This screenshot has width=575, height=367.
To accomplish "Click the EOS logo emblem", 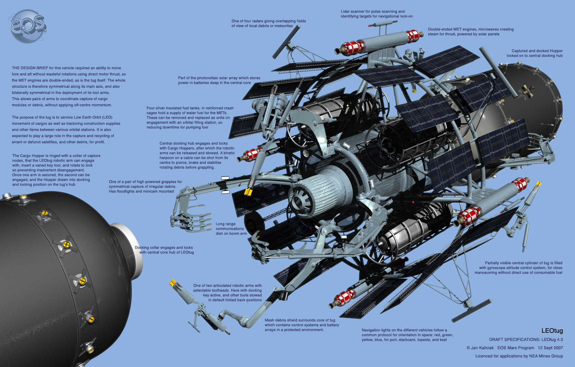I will click(x=28, y=26).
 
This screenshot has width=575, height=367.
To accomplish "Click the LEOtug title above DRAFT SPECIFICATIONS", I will click(x=552, y=331).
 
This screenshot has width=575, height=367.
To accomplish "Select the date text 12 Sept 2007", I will click(x=550, y=348).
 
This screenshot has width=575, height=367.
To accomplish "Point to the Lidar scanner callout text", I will click(x=376, y=14).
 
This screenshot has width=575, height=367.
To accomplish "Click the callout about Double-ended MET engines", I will click(x=470, y=32).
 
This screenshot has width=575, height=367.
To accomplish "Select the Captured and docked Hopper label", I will click(x=535, y=53).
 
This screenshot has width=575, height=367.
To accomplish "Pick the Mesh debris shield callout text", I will click(x=302, y=325).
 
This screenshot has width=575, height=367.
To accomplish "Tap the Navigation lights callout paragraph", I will click(x=407, y=335).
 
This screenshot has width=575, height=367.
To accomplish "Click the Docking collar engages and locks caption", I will click(x=164, y=250).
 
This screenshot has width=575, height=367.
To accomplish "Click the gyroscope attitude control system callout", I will click(x=518, y=268).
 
